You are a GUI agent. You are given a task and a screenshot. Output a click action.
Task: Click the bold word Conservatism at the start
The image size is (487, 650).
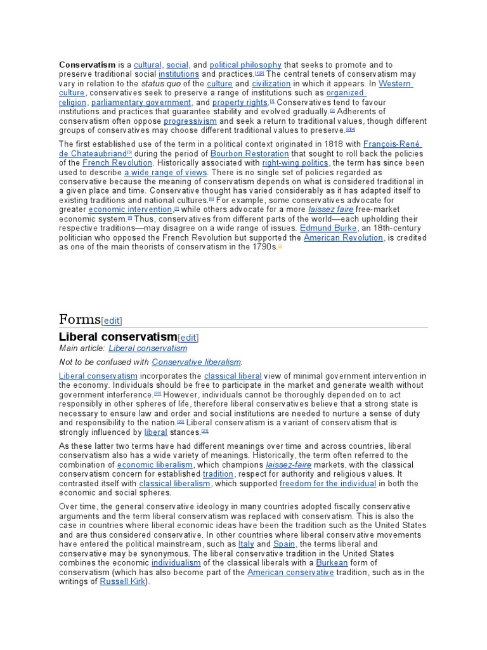[88, 65]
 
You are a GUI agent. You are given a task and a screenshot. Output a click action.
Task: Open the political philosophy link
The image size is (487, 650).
[245, 65]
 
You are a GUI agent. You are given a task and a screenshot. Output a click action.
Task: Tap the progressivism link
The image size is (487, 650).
[190, 121]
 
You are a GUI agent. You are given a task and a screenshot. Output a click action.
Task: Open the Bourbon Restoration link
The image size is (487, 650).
[249, 154]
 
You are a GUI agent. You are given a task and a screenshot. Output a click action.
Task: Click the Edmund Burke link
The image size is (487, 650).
[323, 228]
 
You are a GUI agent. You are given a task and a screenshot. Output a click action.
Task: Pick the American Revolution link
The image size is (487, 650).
[343, 237]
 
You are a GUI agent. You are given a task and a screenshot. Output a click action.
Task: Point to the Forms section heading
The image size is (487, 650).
[79, 319]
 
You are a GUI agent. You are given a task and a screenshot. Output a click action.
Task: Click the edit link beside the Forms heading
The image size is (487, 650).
[112, 321]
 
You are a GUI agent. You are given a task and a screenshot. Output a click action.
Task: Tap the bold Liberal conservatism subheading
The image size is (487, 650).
[117, 336]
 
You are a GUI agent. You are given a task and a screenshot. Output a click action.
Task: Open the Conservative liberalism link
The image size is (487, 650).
[197, 362]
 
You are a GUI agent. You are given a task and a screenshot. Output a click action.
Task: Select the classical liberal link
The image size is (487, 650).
[233, 376]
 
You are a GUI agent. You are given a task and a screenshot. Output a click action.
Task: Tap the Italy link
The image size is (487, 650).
[246, 544]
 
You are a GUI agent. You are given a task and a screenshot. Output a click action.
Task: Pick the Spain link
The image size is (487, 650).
[284, 544]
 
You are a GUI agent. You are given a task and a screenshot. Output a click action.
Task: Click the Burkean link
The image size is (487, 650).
[332, 562]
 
